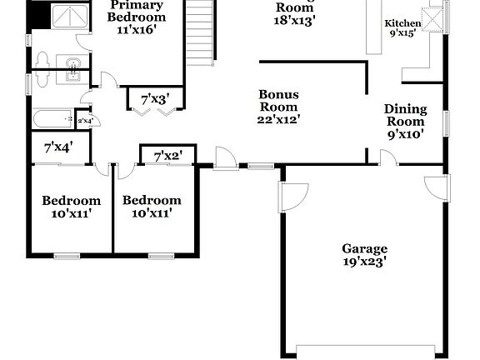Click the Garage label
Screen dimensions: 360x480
click(x=364, y=248)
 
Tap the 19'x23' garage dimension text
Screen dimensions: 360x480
click(x=364, y=261)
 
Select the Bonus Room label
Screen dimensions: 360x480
click(x=278, y=101)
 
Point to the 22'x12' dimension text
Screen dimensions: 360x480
click(x=278, y=119)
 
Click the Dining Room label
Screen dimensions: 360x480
click(x=405, y=115)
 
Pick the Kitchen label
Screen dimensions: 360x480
click(x=402, y=23)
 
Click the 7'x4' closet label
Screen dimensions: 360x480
click(x=57, y=148)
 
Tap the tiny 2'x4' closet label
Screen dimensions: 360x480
click(x=85, y=121)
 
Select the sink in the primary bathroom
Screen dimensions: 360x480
click(x=72, y=65)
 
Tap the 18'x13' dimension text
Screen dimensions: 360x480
click(x=295, y=20)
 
